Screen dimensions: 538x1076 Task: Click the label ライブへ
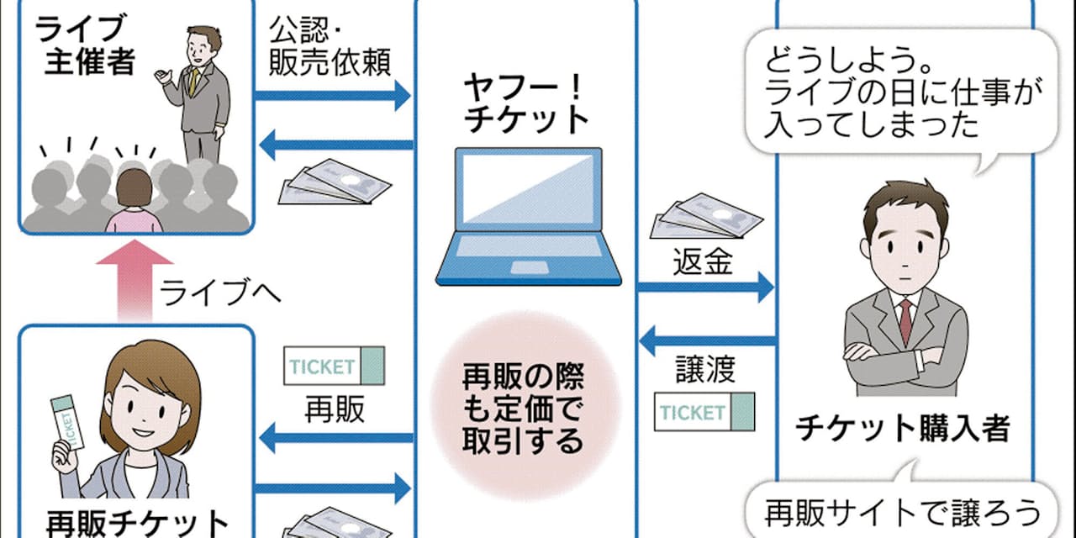tap(220, 295)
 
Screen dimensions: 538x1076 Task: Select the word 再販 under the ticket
tap(334, 409)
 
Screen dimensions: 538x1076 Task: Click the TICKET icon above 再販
tap(334, 367)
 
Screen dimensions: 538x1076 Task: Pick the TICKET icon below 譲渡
tap(704, 412)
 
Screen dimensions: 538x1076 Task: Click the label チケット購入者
tap(902, 429)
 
